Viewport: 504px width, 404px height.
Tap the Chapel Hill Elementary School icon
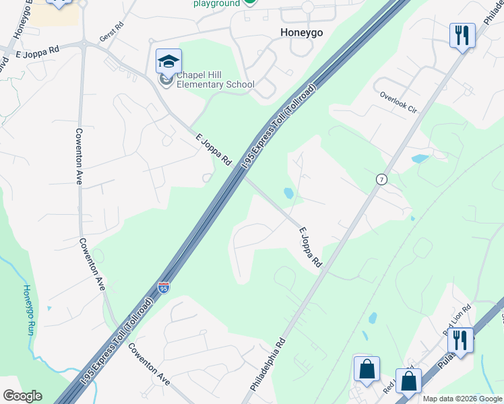coord(168,63)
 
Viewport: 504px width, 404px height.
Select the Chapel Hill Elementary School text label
coord(216,79)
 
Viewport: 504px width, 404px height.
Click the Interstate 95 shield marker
coord(164,288)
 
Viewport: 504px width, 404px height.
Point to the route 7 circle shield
coord(381,179)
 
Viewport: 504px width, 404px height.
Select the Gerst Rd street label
coord(112,32)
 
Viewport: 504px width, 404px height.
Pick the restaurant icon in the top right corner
coord(462,35)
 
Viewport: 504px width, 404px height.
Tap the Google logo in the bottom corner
coord(22,396)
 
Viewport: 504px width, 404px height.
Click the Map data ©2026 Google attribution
coord(463,399)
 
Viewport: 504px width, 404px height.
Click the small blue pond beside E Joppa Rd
coord(288,193)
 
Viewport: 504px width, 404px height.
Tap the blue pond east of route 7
coord(419,159)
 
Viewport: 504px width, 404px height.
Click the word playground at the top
coord(217,3)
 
